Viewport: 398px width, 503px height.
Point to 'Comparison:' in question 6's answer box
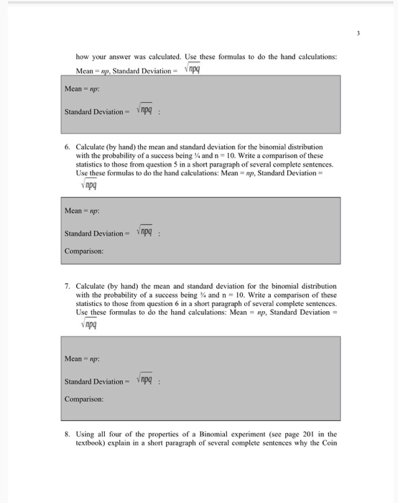click(85, 252)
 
